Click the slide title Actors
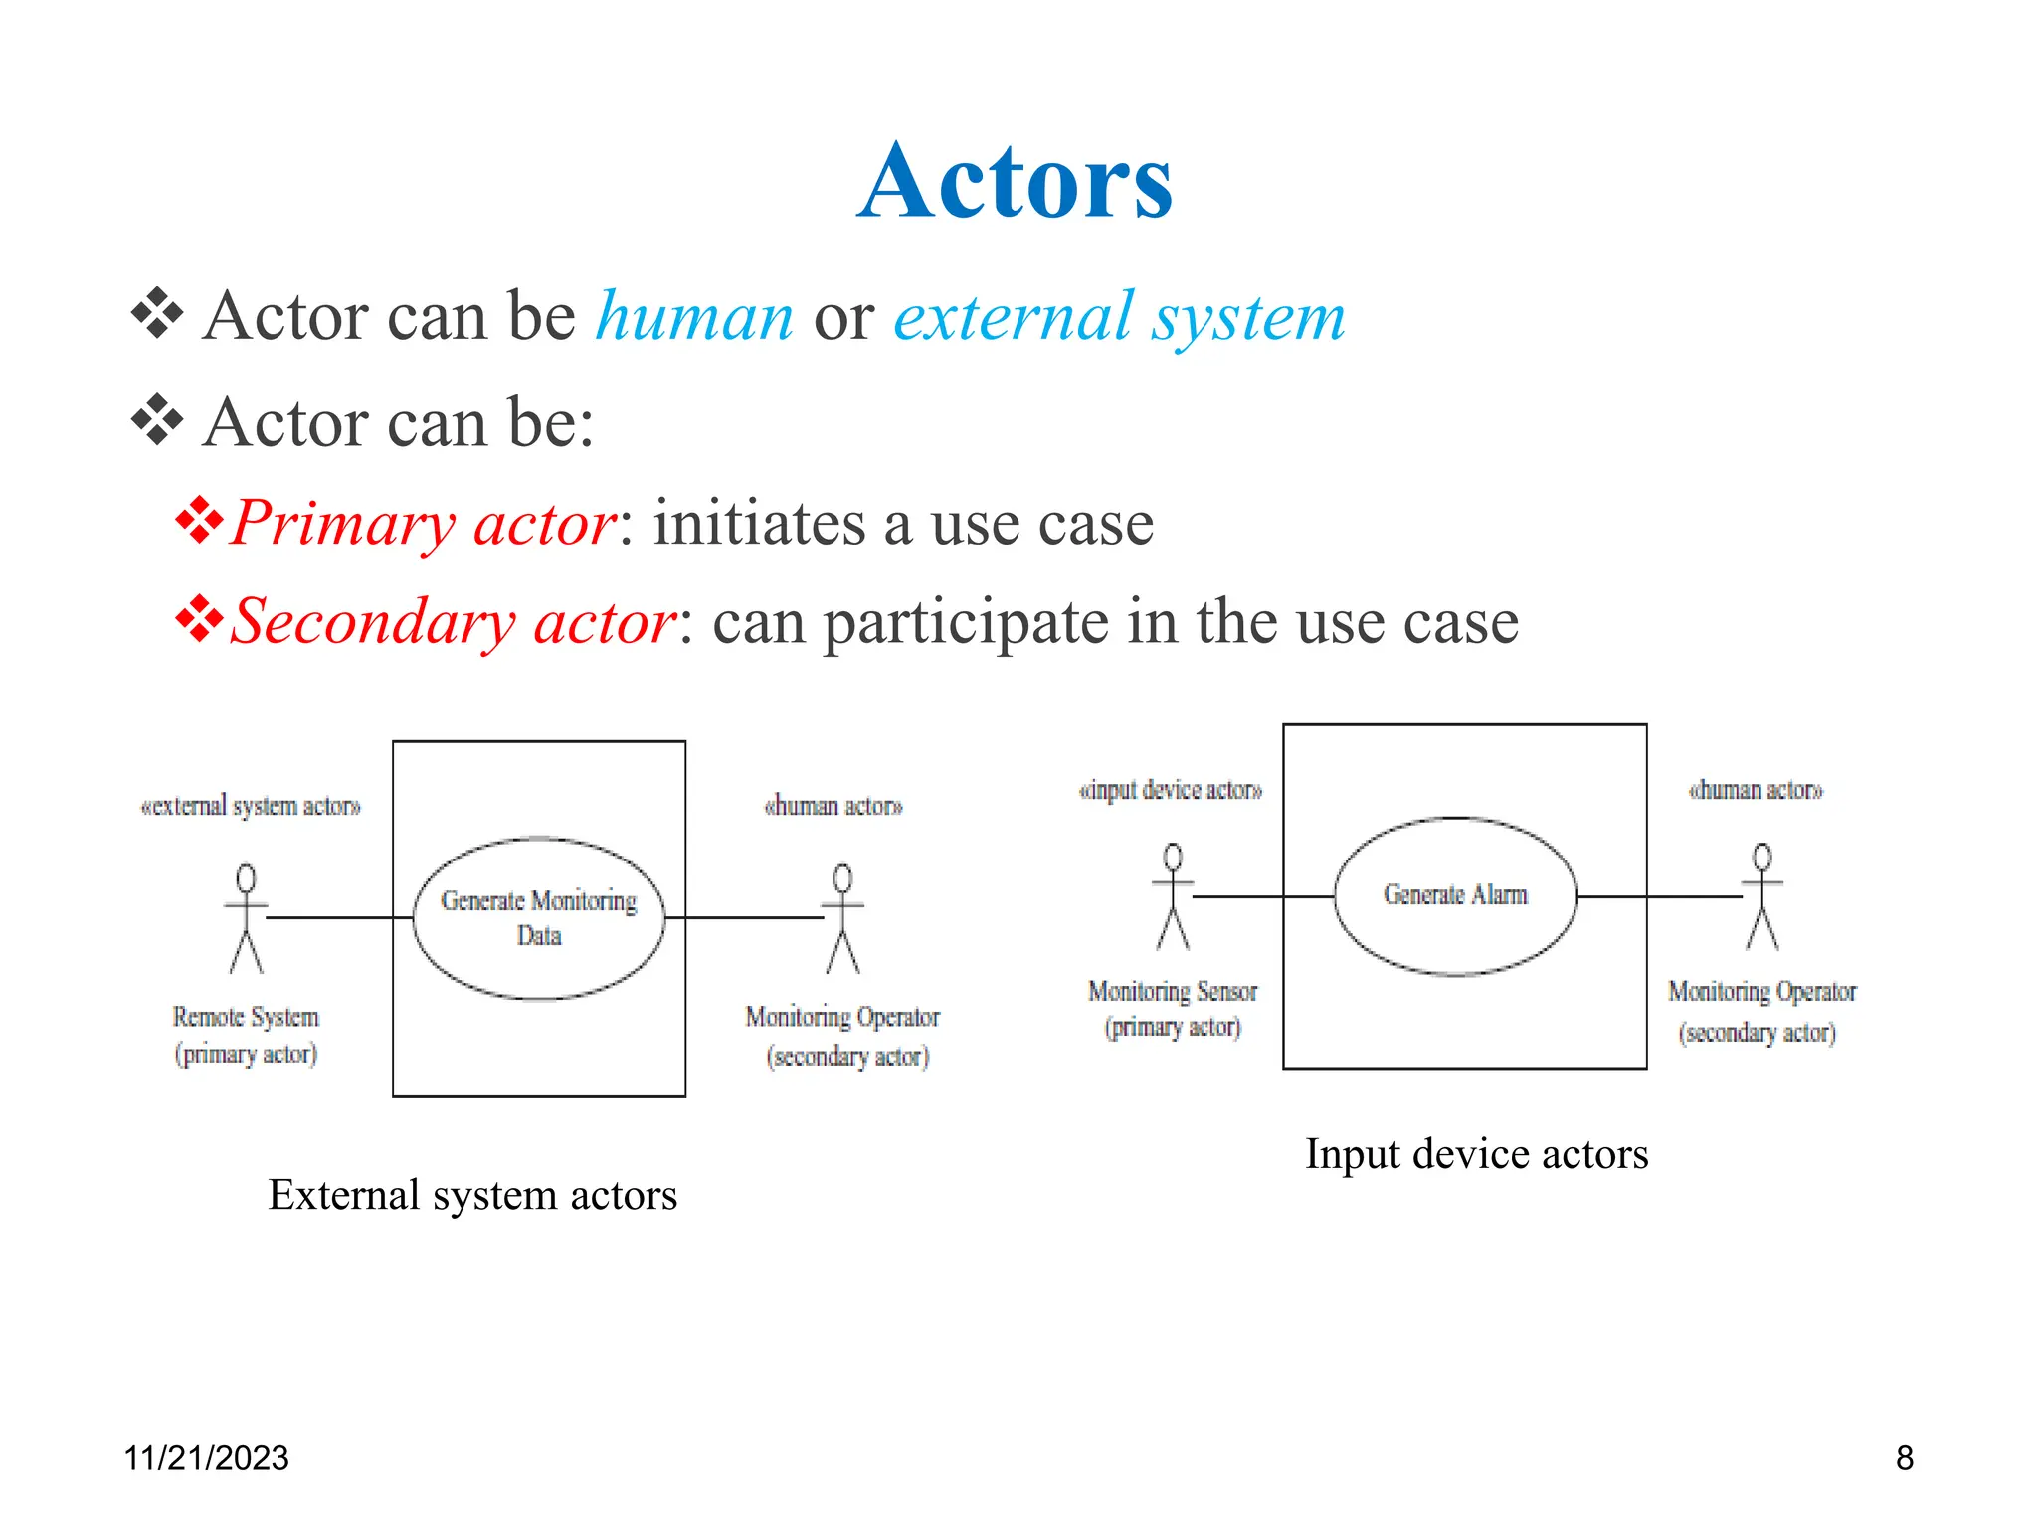[1016, 183]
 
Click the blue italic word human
[694, 318]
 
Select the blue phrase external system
[1119, 318]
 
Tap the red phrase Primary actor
[424, 523]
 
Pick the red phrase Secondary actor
[454, 622]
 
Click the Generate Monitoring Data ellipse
[538, 917]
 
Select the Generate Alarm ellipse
[1454, 895]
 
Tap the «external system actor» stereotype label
[250, 806]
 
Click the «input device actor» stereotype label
[1170, 790]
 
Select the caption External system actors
[472, 1195]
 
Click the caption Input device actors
[1476, 1154]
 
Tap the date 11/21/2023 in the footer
[206, 1458]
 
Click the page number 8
[1904, 1458]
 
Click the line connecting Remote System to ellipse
[338, 917]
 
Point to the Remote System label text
[246, 1017]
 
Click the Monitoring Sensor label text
[1173, 992]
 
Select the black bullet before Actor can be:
[157, 419]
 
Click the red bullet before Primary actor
[199, 520]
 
